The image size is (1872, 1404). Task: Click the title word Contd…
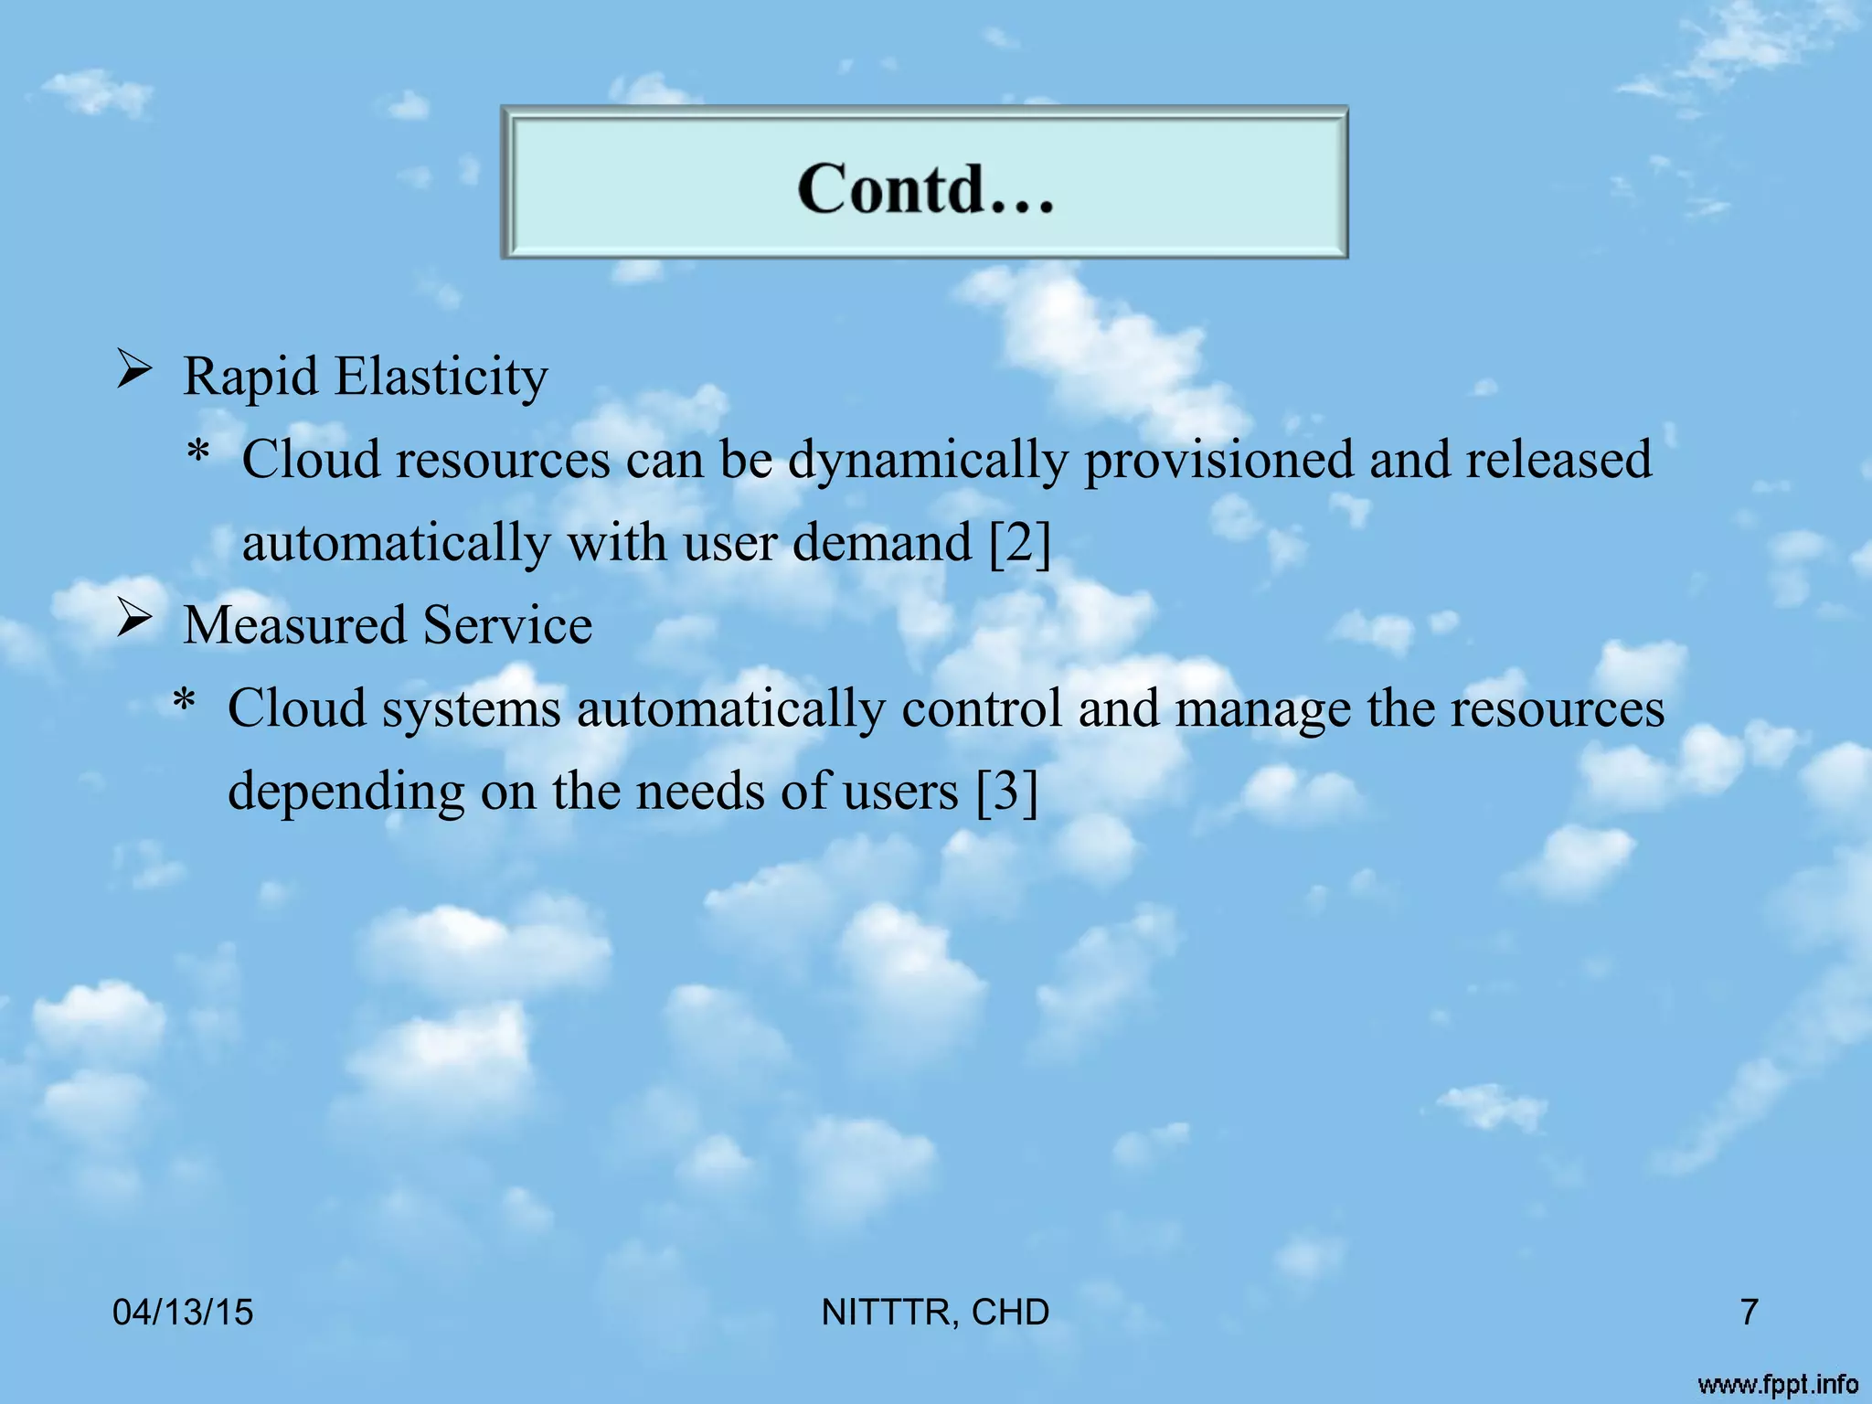pos(925,188)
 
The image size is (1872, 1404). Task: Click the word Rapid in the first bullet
pos(250,377)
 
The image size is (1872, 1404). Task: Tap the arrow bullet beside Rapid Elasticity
pos(133,371)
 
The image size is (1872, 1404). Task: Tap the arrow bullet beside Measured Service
pos(133,621)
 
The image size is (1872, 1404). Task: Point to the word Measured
pos(294,625)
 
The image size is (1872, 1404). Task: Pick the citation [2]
pos(1020,543)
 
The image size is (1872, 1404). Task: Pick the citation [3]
pos(1006,792)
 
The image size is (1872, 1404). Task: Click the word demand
pos(882,543)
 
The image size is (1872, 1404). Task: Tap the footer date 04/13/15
pos(183,1313)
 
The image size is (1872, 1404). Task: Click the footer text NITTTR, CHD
pos(935,1313)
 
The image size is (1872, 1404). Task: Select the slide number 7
pos(1749,1313)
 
